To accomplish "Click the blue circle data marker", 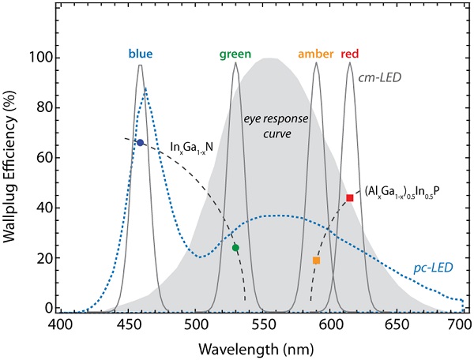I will pyautogui.click(x=140, y=143).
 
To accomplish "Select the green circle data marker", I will pyautogui.click(x=235, y=248).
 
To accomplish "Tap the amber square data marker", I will pyautogui.click(x=316, y=261).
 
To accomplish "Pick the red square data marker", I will pyautogui.click(x=350, y=198).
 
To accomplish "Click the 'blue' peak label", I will pyautogui.click(x=141, y=54).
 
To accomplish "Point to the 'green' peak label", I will pyautogui.click(x=235, y=54).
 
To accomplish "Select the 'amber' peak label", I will pyautogui.click(x=316, y=54).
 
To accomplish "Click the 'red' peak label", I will pyautogui.click(x=350, y=54).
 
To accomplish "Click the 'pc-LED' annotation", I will pyautogui.click(x=434, y=268).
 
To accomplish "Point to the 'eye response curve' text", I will pyautogui.click(x=267, y=126).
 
